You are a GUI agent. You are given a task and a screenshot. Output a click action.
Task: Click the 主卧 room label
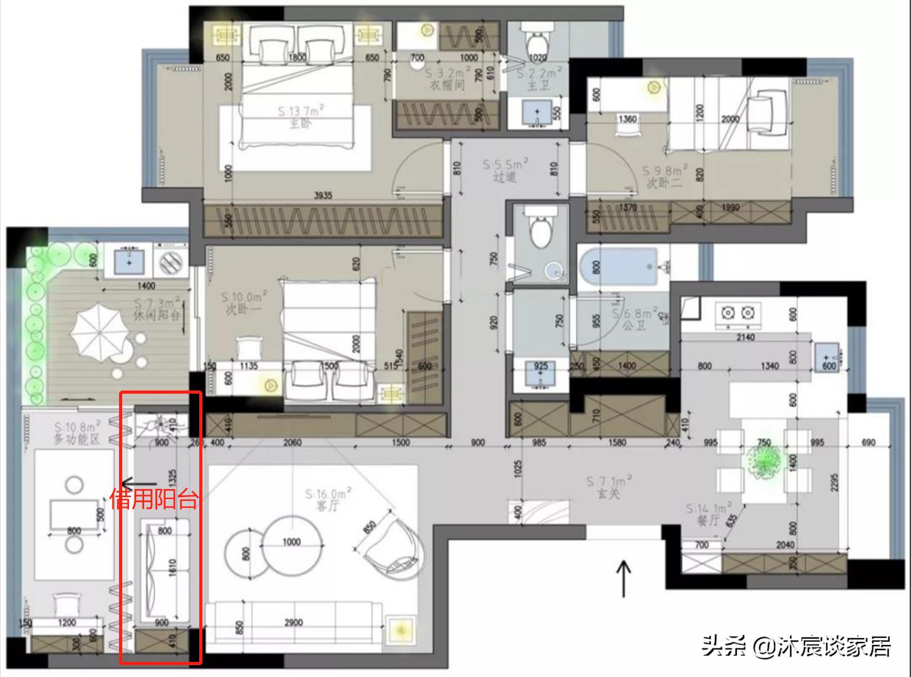pos(299,124)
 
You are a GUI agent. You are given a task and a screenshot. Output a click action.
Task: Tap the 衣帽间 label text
pos(446,85)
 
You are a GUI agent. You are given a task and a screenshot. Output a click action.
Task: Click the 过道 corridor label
pos(504,177)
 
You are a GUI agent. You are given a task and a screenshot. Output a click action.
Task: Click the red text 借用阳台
pos(154,500)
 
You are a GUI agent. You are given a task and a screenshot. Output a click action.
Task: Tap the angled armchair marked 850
pos(392,544)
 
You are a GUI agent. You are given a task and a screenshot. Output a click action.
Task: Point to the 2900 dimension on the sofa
pos(293,622)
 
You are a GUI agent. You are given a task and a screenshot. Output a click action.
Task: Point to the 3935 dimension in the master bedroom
pos(323,196)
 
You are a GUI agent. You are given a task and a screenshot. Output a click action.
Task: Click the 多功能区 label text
pos(76,439)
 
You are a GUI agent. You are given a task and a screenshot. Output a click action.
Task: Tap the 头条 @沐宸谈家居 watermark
pos(796,646)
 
